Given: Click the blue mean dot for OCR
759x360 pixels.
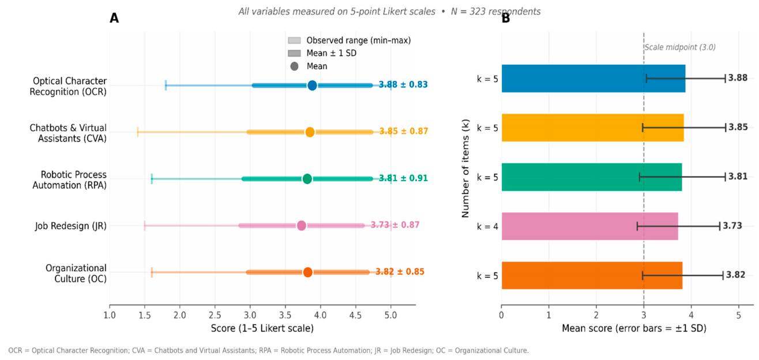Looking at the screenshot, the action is pos(312,85).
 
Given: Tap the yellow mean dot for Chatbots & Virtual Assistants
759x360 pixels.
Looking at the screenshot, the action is pos(310,132).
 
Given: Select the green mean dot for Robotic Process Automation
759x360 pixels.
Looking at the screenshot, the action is pos(307,179).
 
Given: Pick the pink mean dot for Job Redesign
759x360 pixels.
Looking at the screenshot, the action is pos(301,226).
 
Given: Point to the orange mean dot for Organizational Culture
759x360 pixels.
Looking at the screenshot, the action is pos(307,272).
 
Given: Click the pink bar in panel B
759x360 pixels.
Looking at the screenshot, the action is pos(589,226).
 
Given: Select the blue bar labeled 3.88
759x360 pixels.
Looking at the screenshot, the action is pos(593,78).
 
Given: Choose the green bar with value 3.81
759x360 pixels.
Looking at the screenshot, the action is pos(592,177).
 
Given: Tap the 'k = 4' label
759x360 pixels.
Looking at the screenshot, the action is pos(487,226).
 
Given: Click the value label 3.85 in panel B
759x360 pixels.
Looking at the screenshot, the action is pos(738,127).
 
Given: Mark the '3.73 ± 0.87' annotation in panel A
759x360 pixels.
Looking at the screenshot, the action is pos(394,225).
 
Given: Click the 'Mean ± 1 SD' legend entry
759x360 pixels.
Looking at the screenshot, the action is pos(322,53).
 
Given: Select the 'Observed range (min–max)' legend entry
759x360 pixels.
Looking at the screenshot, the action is pos(349,40).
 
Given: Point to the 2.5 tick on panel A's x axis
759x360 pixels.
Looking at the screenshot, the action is pos(215,315).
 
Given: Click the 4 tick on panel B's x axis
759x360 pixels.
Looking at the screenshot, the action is pos(691,315).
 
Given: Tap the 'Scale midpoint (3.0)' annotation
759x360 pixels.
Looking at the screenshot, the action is pos(680,47).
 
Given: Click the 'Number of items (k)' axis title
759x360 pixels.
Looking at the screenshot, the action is pos(465,168).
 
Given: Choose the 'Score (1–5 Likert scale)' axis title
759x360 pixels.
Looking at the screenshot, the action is pos(262,328).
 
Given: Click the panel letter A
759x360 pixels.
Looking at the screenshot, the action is pos(114,18).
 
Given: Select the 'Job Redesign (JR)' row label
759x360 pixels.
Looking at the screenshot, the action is pos(71,226).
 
